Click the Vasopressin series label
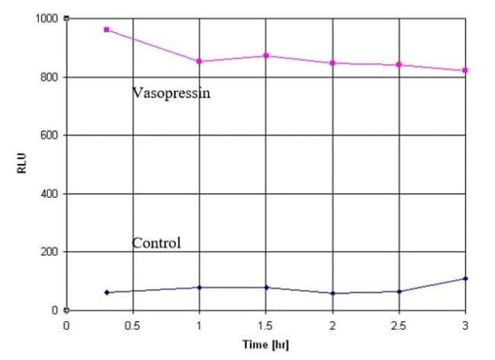(171, 94)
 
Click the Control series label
(157, 244)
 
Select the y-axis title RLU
(22, 163)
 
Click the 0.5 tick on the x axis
(133, 327)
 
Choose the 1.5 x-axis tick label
(266, 327)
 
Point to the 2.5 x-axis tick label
(398, 327)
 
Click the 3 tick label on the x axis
(465, 327)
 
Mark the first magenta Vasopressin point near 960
(107, 30)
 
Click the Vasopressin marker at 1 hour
(200, 61)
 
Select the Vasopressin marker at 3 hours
(465, 71)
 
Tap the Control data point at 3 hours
(465, 279)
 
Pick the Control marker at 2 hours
(333, 293)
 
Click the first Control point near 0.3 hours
(107, 292)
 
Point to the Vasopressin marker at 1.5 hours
(266, 56)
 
